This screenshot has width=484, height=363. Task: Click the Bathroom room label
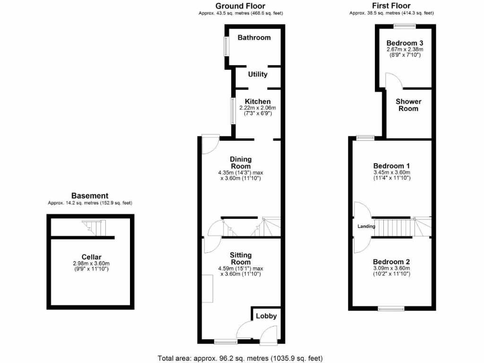coord(254,37)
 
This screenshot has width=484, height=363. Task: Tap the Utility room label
coord(258,74)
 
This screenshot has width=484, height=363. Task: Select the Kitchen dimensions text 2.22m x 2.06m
coord(258,108)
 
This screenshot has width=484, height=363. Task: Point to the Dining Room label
coord(241,163)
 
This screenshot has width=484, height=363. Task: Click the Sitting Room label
coord(241,259)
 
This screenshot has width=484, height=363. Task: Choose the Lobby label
coord(266,316)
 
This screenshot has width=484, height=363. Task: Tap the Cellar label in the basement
coord(90,257)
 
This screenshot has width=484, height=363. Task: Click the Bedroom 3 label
coord(405,43)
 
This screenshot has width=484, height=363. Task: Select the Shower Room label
coord(408,105)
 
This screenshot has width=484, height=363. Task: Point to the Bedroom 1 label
coord(391,166)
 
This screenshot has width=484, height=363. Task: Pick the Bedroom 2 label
coord(391,262)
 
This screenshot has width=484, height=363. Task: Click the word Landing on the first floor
coord(366,226)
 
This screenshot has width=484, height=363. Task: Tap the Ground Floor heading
coord(241,6)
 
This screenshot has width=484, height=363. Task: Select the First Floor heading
coord(391,6)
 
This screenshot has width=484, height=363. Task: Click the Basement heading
coord(90,196)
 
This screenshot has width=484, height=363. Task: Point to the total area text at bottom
coord(240,358)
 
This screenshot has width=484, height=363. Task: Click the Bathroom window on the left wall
coord(226,46)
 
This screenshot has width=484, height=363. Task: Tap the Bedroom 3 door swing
coord(393,81)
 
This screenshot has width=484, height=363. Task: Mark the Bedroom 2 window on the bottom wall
coord(391,309)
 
